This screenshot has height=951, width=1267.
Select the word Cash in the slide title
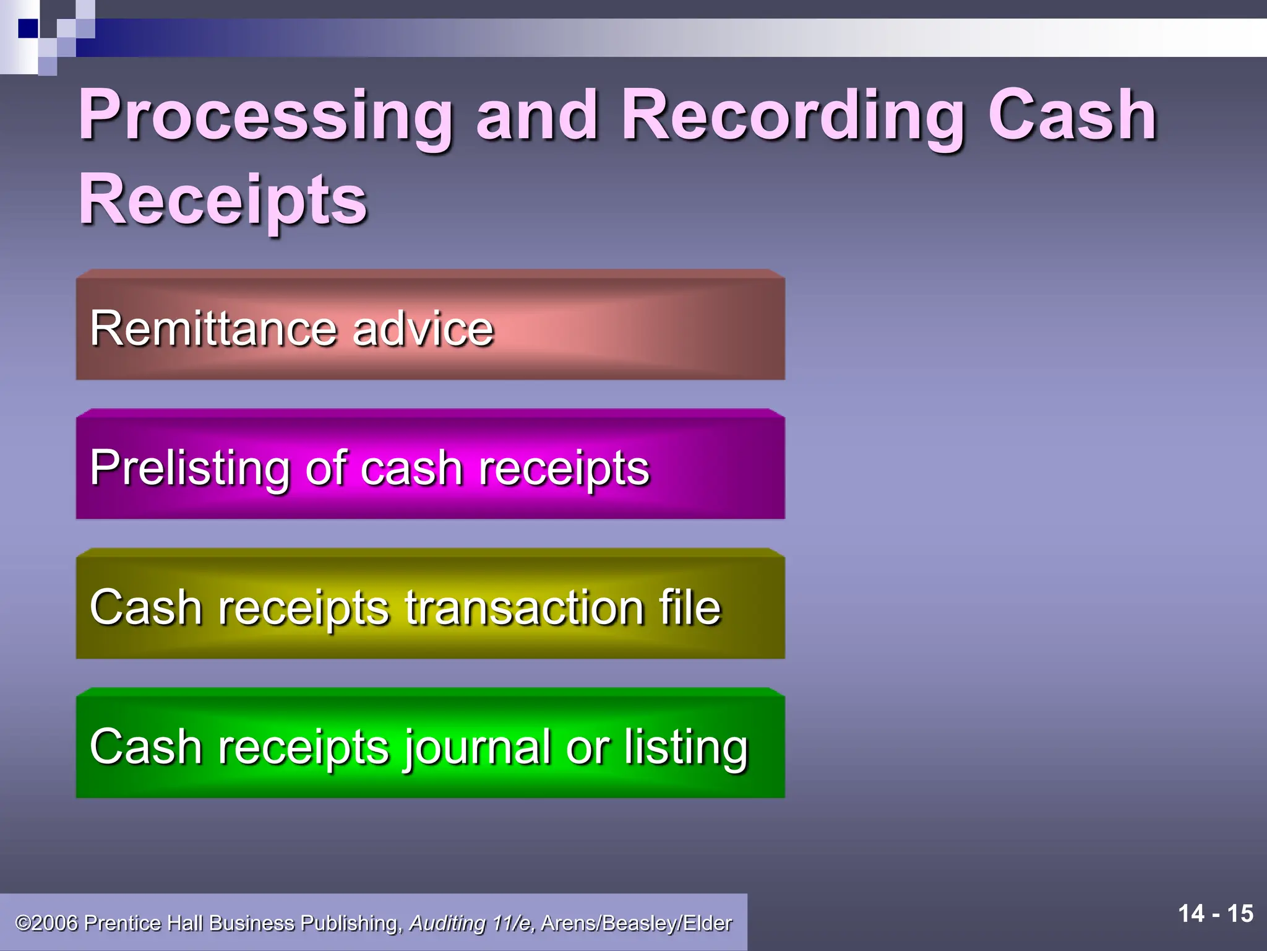[x=1072, y=115]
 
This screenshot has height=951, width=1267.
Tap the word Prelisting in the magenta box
[x=189, y=468]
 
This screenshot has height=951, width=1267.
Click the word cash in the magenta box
[x=411, y=468]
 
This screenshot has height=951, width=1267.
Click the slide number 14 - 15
[x=1216, y=914]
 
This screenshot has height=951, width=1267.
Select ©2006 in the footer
[x=47, y=923]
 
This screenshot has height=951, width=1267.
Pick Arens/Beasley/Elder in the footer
[x=637, y=923]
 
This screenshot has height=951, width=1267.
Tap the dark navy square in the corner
[x=28, y=28]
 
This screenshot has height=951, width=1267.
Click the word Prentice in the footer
[x=123, y=923]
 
